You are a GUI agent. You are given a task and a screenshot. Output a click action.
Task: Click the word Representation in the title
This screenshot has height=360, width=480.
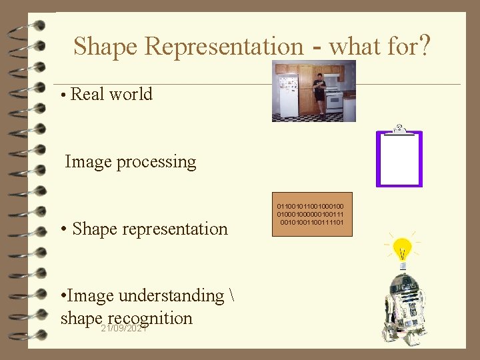pyautogui.click(x=223, y=47)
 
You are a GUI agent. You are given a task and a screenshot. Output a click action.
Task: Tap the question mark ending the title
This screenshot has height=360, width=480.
pyautogui.click(x=425, y=46)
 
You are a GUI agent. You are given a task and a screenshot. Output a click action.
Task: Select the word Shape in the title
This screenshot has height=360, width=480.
pyautogui.click(x=106, y=47)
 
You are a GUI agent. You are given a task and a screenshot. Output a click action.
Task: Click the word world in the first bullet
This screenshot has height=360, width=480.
pyautogui.click(x=131, y=94)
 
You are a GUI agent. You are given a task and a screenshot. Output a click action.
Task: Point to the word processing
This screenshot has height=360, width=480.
pyautogui.click(x=157, y=162)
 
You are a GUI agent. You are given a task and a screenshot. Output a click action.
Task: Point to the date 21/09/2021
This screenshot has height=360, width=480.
pyautogui.click(x=124, y=329)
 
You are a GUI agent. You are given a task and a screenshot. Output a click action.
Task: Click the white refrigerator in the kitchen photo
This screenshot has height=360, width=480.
pyautogui.click(x=288, y=97)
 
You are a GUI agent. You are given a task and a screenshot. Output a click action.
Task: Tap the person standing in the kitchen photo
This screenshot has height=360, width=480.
pyautogui.click(x=319, y=93)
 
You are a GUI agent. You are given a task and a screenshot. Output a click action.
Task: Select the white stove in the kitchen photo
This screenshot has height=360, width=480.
pyautogui.click(x=333, y=102)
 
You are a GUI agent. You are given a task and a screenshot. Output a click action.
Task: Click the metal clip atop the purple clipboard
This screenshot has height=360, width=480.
pyautogui.click(x=399, y=129)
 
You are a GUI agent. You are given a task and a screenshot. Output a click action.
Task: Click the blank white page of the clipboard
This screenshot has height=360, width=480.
pyautogui.click(x=399, y=160)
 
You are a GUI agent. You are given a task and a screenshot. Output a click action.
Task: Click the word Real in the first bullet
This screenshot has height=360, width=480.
pyautogui.click(x=87, y=94)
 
